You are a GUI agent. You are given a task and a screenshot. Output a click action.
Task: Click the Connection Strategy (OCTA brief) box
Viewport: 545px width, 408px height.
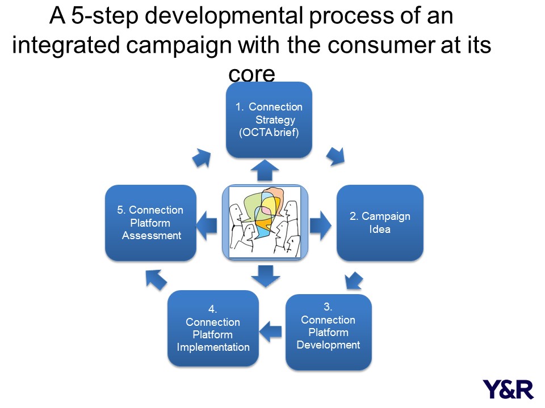pyautogui.click(x=269, y=120)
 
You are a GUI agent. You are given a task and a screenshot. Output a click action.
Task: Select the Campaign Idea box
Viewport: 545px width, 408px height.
pyautogui.click(x=380, y=223)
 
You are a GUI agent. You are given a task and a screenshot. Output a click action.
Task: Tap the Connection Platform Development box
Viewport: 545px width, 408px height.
pyautogui.click(x=329, y=332)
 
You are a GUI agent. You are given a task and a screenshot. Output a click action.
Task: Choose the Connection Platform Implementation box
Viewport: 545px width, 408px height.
pyautogui.click(x=213, y=328)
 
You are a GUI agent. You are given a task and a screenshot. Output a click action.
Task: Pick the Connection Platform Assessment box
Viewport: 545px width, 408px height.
pyautogui.click(x=150, y=223)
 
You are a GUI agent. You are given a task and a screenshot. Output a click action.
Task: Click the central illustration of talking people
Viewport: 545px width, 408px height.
pyautogui.click(x=265, y=222)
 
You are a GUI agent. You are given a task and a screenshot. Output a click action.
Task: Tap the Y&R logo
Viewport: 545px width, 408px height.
pyautogui.click(x=508, y=389)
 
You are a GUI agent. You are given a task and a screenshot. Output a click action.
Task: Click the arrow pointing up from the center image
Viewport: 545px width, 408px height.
pyautogui.click(x=265, y=170)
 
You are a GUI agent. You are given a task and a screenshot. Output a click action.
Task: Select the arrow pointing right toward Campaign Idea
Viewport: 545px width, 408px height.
pyautogui.click(x=320, y=225)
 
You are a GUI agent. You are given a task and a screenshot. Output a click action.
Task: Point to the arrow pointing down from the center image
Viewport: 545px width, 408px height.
pyautogui.click(x=266, y=276)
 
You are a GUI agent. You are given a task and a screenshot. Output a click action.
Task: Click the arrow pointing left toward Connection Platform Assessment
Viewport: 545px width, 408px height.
pyautogui.click(x=207, y=225)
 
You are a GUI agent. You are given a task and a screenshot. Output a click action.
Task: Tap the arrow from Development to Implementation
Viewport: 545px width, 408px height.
pyautogui.click(x=270, y=331)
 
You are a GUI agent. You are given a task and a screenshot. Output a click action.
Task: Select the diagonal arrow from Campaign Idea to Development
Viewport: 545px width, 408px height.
pyautogui.click(x=354, y=280)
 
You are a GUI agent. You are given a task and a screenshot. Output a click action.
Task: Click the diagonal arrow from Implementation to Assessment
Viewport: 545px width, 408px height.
pyautogui.click(x=156, y=279)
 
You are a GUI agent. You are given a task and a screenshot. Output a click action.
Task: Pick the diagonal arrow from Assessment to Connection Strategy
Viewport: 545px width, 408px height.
pyautogui.click(x=202, y=158)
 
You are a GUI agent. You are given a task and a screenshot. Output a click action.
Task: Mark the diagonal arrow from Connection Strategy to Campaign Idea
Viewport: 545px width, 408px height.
pyautogui.click(x=336, y=156)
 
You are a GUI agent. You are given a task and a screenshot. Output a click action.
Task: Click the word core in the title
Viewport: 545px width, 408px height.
pyautogui.click(x=251, y=74)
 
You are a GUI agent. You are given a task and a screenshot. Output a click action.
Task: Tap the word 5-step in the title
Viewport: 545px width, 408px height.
pyautogui.click(x=104, y=16)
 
